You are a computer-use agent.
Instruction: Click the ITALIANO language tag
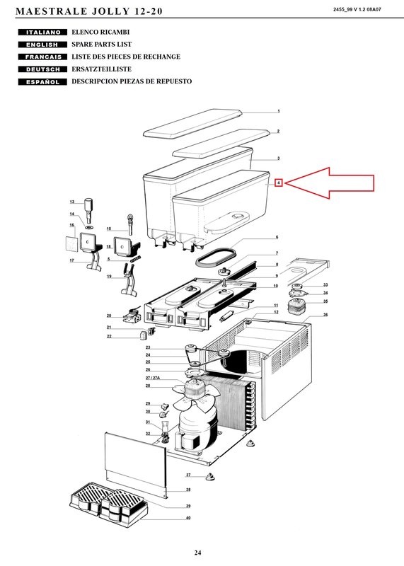click(42, 32)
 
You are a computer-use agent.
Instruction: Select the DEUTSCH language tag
click(42, 69)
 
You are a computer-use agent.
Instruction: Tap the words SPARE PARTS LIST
click(101, 45)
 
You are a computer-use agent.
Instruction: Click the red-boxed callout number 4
click(278, 183)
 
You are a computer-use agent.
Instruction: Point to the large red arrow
click(329, 183)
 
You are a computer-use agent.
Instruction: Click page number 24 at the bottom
click(197, 553)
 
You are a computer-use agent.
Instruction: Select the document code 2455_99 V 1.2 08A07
click(357, 10)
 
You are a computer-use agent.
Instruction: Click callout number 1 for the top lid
click(278, 111)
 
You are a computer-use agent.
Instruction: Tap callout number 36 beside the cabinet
click(325, 315)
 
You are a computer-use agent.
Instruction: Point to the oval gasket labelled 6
click(217, 255)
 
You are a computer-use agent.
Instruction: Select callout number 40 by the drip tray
click(188, 518)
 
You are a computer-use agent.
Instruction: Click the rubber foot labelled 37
click(209, 477)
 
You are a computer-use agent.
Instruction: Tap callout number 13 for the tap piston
click(72, 202)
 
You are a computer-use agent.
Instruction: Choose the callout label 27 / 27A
click(152, 378)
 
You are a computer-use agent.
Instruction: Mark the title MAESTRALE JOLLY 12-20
click(89, 11)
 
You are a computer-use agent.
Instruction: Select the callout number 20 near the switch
click(109, 316)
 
